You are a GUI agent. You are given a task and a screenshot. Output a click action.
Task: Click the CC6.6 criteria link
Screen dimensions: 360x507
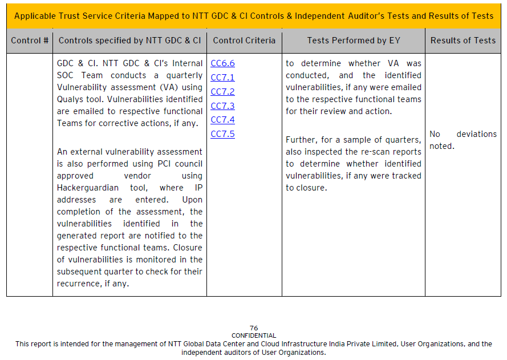tap(222, 63)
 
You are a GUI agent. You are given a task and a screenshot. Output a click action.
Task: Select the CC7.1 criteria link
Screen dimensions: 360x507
tap(222, 78)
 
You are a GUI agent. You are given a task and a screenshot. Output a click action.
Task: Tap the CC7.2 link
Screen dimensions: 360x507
tap(222, 92)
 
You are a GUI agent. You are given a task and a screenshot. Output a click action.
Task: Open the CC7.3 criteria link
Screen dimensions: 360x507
tap(222, 106)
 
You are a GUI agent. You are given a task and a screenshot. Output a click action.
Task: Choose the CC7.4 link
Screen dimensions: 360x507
tap(222, 120)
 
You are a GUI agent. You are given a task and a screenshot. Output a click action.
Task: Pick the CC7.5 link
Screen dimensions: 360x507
tap(222, 134)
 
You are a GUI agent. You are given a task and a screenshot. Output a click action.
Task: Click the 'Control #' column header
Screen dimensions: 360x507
tap(30, 41)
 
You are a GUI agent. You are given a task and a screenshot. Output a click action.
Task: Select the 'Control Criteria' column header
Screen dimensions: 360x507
tap(244, 41)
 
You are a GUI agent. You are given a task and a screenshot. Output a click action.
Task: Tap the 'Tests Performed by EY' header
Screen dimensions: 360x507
tap(354, 41)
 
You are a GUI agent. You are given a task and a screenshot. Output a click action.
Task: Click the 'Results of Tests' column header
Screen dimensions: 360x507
tap(463, 41)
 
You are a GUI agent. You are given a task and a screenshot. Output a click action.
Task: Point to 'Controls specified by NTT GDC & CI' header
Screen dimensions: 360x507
tap(129, 41)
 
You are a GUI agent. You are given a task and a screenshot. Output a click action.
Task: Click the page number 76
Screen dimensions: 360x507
tap(254, 328)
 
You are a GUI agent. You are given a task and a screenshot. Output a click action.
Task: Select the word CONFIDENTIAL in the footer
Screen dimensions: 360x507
tap(254, 335)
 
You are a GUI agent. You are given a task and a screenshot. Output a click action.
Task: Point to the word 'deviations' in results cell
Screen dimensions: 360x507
tap(476, 134)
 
